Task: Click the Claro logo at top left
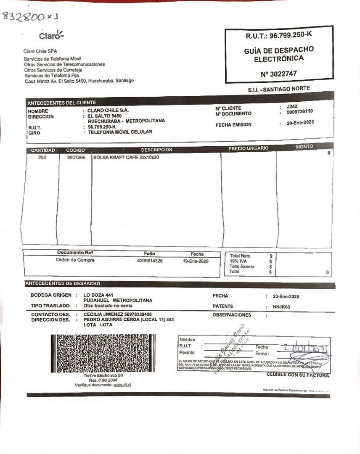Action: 51,35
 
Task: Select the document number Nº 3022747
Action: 278,74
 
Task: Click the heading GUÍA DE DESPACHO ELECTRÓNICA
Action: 278,54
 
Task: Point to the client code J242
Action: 292,107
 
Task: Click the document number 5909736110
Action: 299,112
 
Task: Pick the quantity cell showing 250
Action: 42,157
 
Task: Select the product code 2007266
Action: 76,157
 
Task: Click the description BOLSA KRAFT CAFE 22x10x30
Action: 126,157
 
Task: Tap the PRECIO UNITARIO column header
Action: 248,148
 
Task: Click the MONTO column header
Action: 304,147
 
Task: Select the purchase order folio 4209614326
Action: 150,261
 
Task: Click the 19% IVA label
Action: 238,261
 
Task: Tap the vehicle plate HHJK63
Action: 281,307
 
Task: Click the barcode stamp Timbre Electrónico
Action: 103,353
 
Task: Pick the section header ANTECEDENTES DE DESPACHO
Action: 63,284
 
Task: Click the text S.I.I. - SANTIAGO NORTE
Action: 279,89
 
